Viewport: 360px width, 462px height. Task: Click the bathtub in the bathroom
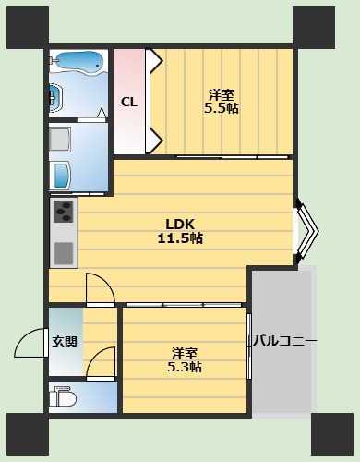click(78, 62)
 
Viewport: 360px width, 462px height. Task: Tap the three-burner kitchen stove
click(63, 213)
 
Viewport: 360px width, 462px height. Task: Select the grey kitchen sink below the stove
click(63, 250)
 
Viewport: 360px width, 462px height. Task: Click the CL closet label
click(129, 102)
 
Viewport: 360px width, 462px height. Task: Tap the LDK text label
click(180, 224)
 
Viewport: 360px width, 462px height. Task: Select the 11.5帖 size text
click(180, 238)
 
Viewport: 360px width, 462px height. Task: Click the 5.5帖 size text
click(222, 108)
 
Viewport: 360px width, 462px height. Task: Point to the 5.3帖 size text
click(186, 367)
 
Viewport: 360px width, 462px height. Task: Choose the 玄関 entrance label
click(65, 342)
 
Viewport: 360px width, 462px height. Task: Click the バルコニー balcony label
click(285, 343)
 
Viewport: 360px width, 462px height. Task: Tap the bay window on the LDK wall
click(305, 230)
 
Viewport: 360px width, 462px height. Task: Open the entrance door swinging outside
click(32, 344)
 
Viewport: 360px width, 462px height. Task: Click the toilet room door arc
click(102, 361)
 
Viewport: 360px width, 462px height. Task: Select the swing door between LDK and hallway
click(99, 288)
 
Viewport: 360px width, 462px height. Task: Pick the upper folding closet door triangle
click(157, 66)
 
